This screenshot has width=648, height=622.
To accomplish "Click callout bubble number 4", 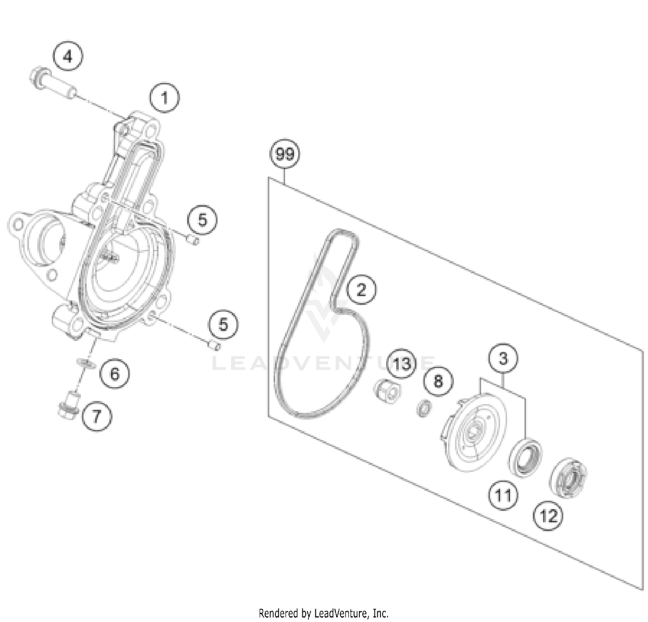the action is point(68,57).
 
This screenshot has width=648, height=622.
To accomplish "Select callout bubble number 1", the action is point(165,98).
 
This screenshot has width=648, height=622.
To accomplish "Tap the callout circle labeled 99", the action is point(285,154).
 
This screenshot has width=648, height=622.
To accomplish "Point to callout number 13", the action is point(402,364).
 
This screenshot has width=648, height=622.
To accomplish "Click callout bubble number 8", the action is point(438,381).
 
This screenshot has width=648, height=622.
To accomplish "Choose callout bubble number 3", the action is point(503,359).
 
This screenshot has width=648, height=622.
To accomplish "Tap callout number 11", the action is point(503,495).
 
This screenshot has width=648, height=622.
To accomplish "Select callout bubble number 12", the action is point(549,515).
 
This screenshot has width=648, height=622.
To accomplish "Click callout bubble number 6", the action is point(114,373).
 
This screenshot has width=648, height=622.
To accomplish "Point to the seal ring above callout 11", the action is point(525,457).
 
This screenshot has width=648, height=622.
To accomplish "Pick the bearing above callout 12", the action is point(568,477).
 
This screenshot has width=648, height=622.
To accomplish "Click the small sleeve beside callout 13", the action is point(387,391).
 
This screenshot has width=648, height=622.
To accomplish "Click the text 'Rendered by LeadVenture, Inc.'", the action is point(324,613).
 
